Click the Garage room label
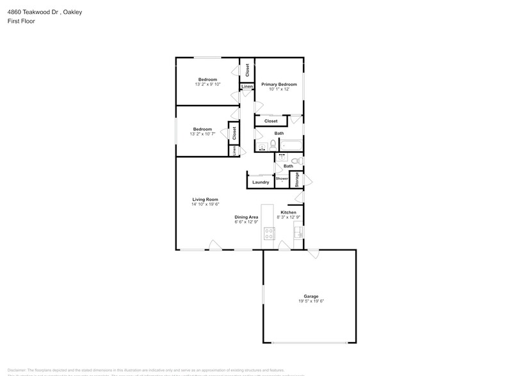[311, 296]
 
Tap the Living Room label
[205, 200]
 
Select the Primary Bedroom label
[278, 84]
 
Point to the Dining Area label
[246, 217]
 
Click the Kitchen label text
[288, 212]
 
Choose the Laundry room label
[261, 182]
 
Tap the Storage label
[297, 179]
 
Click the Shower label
[282, 178]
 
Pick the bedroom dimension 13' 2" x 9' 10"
[207, 84]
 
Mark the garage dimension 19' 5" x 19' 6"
[311, 301]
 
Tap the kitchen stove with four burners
[268, 235]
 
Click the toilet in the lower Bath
[295, 161]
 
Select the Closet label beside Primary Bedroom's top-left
[247, 70]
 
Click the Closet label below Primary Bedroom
[271, 121]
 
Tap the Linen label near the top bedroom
[246, 86]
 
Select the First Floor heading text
[22, 21]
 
